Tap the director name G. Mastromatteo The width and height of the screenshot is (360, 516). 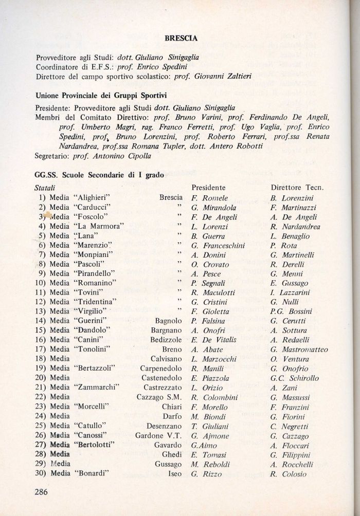(298, 350)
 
